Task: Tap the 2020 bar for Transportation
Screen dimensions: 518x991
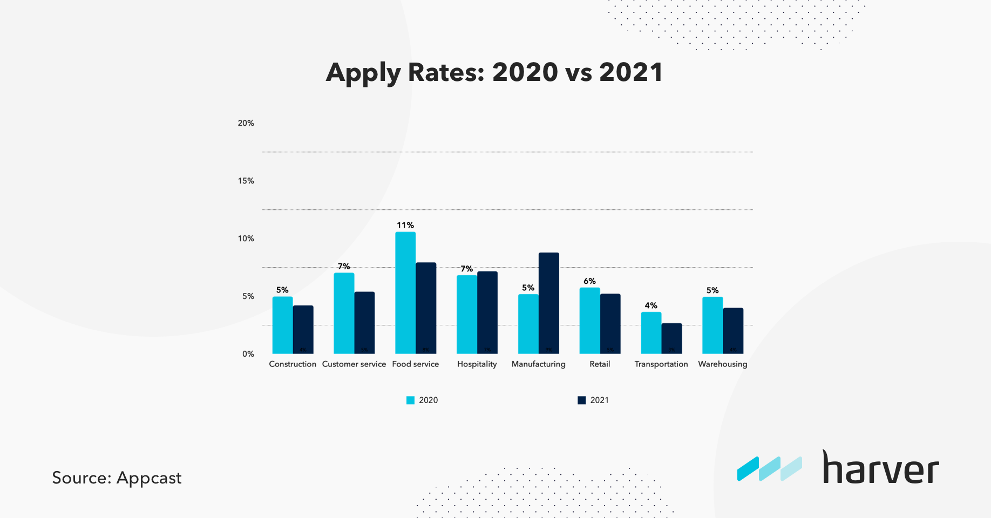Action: [x=651, y=333]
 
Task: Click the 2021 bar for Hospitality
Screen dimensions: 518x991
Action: [x=487, y=312]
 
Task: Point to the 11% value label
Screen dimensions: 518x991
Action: [x=405, y=225]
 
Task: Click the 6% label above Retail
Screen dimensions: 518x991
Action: [x=589, y=281]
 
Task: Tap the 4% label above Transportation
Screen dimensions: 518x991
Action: [x=651, y=305]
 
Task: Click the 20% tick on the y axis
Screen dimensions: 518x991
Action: [x=246, y=123]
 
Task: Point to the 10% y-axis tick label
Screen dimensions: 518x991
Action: [x=246, y=238]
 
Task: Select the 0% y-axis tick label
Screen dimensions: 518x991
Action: [x=248, y=354]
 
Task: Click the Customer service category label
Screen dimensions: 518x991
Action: [x=354, y=364]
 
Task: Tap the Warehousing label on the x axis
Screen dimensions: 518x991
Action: [x=722, y=364]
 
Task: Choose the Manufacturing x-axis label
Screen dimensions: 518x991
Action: [x=538, y=364]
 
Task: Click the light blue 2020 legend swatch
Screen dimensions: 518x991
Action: [x=410, y=400]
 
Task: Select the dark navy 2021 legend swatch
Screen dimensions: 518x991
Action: [x=581, y=400]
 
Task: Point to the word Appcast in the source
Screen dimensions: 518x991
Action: [x=149, y=478]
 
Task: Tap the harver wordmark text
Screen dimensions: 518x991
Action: [x=880, y=468]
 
